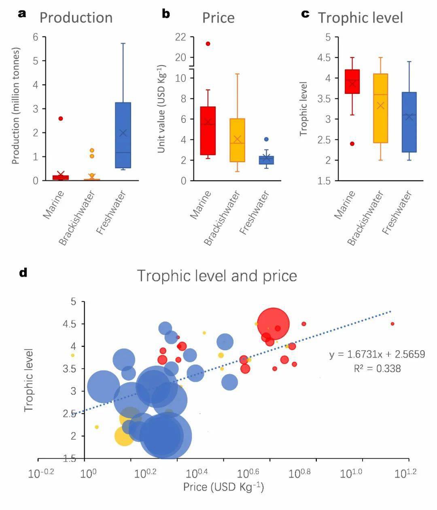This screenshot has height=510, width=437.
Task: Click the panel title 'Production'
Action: (76, 18)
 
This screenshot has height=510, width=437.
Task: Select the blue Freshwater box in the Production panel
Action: (123, 135)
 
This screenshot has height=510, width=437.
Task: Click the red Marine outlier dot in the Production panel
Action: (61, 119)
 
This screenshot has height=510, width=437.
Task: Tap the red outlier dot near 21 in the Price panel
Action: (208, 44)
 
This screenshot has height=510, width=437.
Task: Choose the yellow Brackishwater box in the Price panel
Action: (237, 140)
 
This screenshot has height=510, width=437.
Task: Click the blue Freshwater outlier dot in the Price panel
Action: (266, 139)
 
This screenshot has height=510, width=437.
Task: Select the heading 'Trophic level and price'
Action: (217, 276)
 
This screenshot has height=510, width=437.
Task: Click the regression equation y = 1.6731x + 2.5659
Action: (377, 355)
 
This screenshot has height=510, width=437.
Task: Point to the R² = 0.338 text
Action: (377, 368)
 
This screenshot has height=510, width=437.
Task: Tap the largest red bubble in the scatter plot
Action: (273, 324)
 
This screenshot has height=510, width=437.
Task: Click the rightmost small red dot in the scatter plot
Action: (392, 324)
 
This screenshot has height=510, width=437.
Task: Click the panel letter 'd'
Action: (23, 273)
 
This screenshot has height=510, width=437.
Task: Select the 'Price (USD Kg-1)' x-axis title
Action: (223, 487)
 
